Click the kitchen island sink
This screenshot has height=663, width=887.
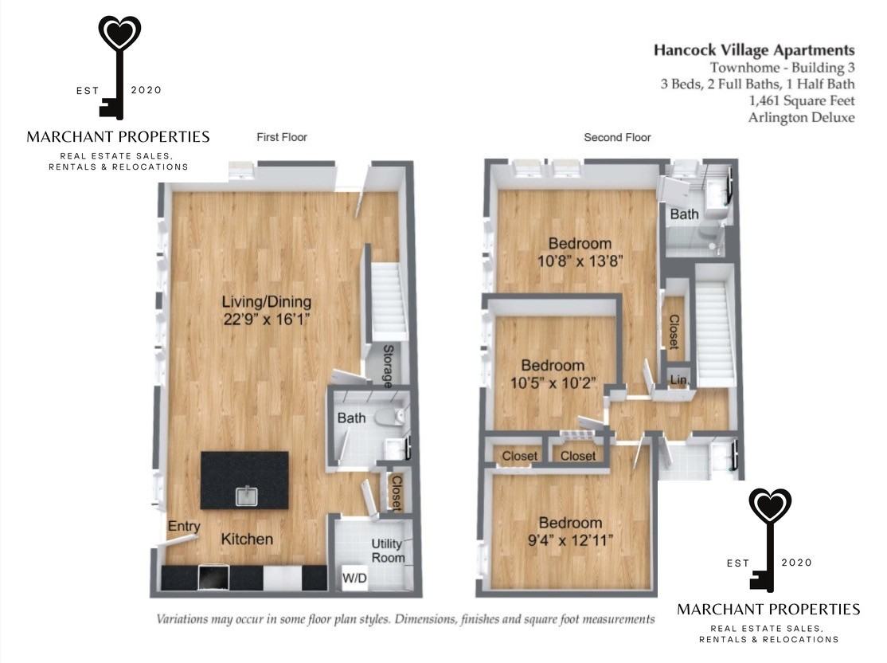click(x=247, y=496)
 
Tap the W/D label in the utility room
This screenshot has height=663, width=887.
click(x=354, y=578)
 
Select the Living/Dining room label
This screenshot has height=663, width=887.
click(x=267, y=302)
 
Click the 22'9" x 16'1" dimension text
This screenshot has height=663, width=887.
click(x=267, y=320)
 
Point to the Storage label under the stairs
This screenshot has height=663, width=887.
click(x=388, y=367)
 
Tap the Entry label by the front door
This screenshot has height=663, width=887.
click(x=184, y=527)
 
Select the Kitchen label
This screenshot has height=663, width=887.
click(x=247, y=539)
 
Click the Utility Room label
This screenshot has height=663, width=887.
click(x=388, y=551)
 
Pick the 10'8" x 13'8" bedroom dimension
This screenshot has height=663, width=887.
click(x=580, y=261)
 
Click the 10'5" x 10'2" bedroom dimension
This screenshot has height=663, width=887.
click(x=553, y=383)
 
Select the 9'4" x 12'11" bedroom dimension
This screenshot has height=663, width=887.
click(x=570, y=541)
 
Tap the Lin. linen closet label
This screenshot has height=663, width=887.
click(x=679, y=380)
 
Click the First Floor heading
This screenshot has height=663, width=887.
click(x=282, y=137)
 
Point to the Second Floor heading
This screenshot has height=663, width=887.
click(x=617, y=137)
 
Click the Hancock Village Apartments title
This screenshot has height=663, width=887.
click(x=754, y=50)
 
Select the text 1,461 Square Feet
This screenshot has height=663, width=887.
click(x=802, y=100)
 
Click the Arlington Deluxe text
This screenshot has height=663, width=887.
click(x=802, y=117)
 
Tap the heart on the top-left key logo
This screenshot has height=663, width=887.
click(x=119, y=33)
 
